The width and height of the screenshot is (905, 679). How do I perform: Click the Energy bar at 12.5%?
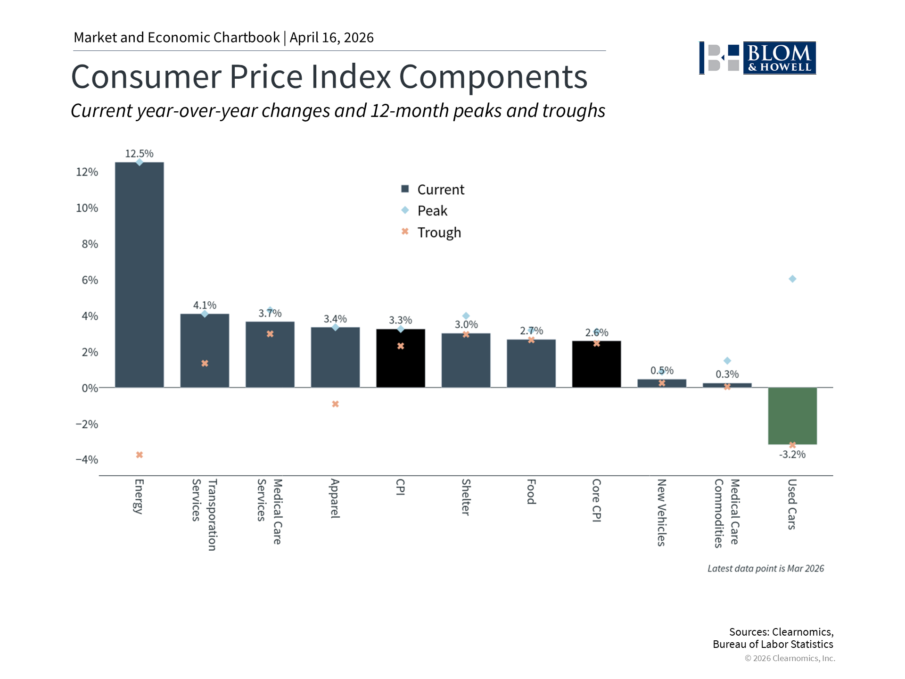(x=140, y=275)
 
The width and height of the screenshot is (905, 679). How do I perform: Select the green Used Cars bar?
(x=792, y=415)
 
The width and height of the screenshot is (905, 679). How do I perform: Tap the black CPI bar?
(x=400, y=358)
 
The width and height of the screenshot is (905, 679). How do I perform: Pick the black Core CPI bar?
(x=596, y=364)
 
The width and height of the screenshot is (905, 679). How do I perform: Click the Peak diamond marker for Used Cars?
(x=792, y=279)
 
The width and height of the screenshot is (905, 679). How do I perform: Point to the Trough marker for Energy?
(x=140, y=455)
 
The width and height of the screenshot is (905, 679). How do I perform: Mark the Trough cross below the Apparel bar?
(x=335, y=404)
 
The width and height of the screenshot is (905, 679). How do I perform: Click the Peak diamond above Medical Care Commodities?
(x=727, y=361)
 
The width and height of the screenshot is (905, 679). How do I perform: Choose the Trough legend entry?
(x=431, y=232)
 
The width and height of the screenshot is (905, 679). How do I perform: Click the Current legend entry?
(x=432, y=190)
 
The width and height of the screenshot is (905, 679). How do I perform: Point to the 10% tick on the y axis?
(x=87, y=208)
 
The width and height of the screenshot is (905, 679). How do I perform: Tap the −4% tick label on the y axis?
(x=87, y=460)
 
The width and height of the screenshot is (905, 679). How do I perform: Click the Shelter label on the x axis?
(x=466, y=497)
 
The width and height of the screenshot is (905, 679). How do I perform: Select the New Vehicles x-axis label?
(x=661, y=512)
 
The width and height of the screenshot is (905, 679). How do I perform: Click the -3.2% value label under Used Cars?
(x=792, y=455)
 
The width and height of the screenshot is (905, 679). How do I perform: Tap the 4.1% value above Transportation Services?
(x=205, y=306)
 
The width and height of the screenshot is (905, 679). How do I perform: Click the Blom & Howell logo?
(x=757, y=58)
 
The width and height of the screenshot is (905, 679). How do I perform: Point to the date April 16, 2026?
(x=331, y=38)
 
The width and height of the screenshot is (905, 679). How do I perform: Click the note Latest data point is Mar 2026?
(x=765, y=569)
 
